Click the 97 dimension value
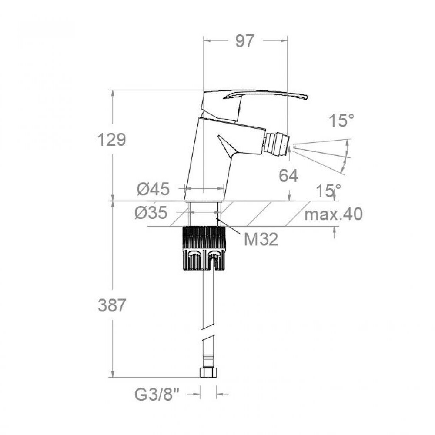pyautogui.click(x=245, y=41)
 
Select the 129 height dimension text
pyautogui.click(x=111, y=140)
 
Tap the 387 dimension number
pyautogui.click(x=111, y=305)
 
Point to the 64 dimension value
pyautogui.click(x=289, y=176)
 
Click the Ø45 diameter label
pyautogui.click(x=153, y=189)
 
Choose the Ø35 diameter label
pyautogui.click(x=151, y=213)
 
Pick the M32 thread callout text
pyautogui.click(x=261, y=239)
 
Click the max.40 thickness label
pyautogui.click(x=333, y=214)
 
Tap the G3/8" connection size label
pyautogui.click(x=157, y=395)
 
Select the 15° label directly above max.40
pyautogui.click(x=328, y=191)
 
